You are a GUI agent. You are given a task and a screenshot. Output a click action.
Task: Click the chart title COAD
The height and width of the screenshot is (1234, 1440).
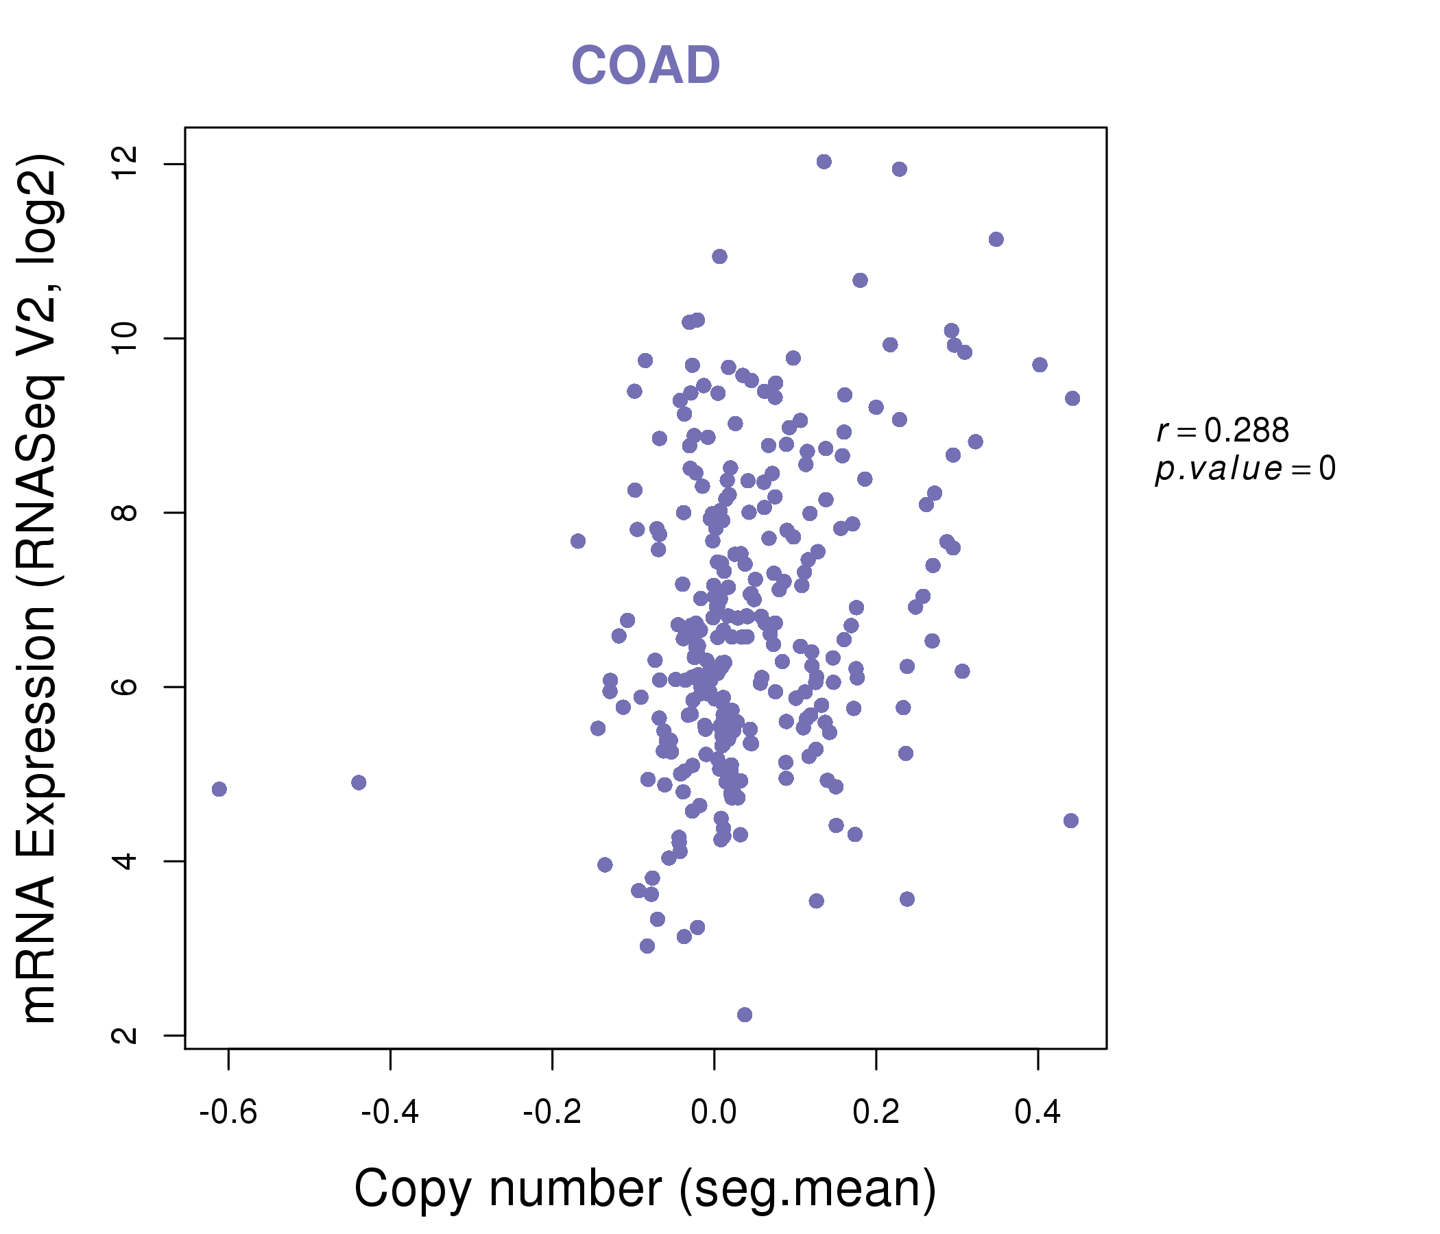(x=645, y=66)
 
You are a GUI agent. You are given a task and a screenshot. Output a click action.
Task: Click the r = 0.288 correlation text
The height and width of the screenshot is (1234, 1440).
(x=1223, y=431)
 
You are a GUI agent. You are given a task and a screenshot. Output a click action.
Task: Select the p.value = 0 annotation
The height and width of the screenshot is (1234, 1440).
(x=1245, y=469)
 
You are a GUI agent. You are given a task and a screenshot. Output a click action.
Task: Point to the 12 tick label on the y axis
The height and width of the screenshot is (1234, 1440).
(x=126, y=165)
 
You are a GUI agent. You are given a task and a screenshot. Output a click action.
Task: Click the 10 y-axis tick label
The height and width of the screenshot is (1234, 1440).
(x=126, y=339)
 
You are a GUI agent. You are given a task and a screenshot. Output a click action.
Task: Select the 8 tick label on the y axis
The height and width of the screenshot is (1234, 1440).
(x=126, y=513)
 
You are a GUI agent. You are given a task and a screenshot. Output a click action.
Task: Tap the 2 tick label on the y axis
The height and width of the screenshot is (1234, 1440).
(x=126, y=1035)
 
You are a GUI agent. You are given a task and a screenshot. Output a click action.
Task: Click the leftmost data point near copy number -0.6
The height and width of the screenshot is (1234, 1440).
(x=219, y=788)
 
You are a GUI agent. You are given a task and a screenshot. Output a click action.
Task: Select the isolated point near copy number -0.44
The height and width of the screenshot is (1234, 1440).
(x=359, y=782)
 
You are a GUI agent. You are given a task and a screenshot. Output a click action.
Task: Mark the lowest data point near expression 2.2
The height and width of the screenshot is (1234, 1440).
(x=744, y=1015)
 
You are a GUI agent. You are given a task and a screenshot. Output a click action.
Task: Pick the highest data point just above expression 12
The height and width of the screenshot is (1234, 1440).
(x=824, y=162)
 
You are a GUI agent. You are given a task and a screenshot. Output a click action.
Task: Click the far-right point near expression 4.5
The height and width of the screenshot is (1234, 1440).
(x=1071, y=821)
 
